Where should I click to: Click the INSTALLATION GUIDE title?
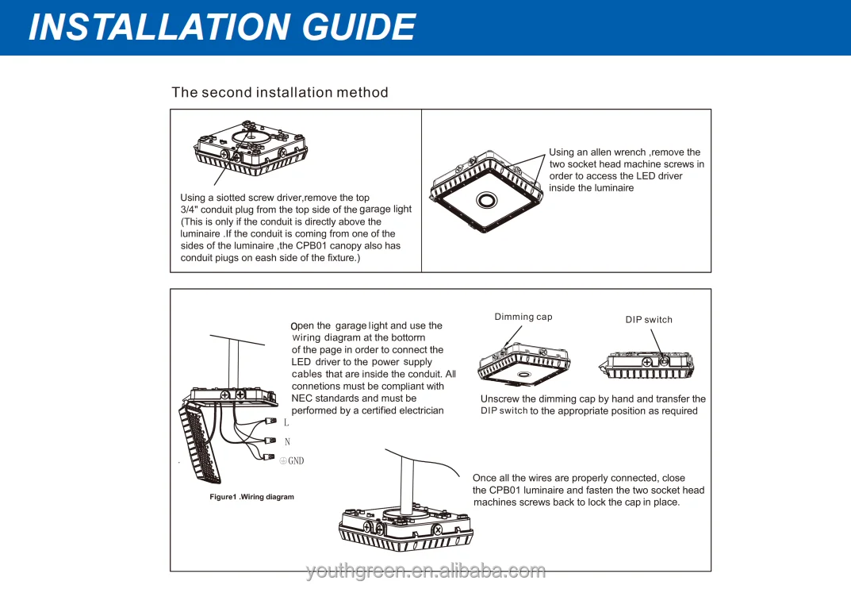[221, 27]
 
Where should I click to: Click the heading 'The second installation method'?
[280, 92]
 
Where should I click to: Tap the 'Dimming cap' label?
[523, 317]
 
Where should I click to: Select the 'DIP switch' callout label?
[649, 320]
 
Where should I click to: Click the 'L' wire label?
[286, 423]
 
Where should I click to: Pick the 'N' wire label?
[287, 442]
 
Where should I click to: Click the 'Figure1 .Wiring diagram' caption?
[251, 497]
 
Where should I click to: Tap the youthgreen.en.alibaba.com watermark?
[426, 571]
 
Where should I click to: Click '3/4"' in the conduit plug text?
[190, 210]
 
